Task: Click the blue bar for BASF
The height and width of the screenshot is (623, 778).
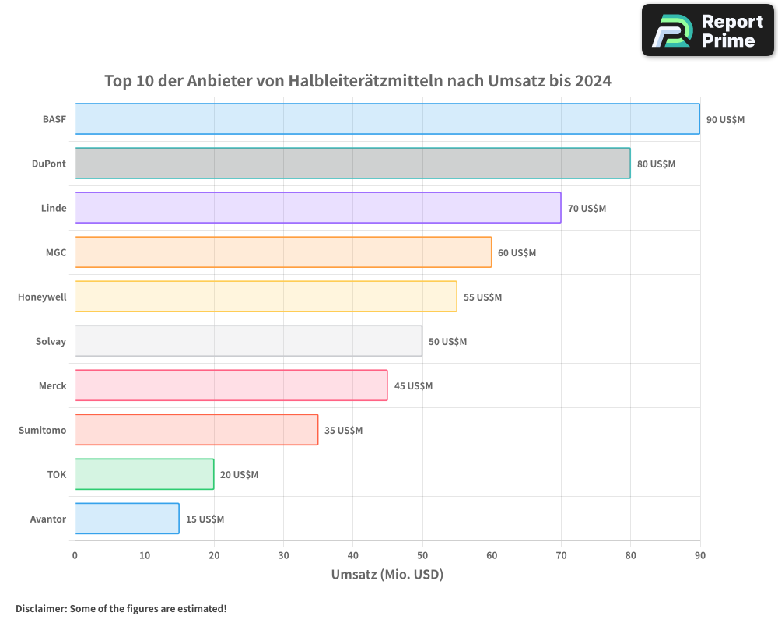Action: [387, 119]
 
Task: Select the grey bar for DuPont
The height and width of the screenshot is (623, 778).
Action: [352, 164]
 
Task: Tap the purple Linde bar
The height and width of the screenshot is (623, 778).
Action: [317, 208]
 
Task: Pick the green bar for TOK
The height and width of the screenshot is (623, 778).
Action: [144, 474]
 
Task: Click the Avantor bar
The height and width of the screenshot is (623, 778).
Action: [127, 519]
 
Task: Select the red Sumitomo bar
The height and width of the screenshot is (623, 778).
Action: [196, 430]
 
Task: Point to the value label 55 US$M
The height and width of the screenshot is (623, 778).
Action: [482, 297]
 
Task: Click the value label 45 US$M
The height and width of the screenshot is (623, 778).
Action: [413, 386]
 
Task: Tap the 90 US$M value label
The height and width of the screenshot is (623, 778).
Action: [725, 120]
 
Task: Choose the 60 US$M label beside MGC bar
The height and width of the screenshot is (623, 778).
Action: [517, 253]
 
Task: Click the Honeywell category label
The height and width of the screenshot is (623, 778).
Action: [42, 297]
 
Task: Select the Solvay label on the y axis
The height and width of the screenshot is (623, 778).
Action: [51, 342]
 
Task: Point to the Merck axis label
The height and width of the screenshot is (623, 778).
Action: [52, 386]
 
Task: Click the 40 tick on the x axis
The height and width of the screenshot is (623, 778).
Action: [352, 555]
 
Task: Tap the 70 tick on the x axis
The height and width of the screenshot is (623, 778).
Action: [561, 555]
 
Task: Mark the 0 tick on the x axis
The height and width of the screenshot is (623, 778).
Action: [75, 555]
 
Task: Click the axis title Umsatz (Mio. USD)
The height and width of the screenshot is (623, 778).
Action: [387, 575]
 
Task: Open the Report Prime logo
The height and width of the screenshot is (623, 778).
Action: [707, 30]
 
